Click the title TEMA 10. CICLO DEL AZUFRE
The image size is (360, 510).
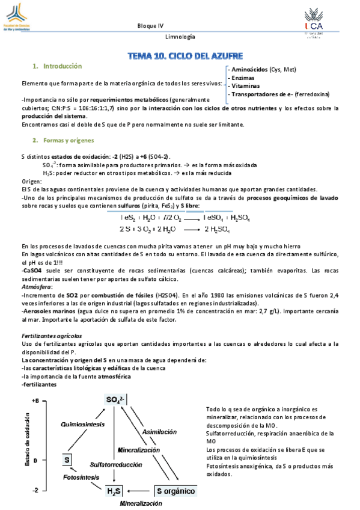[x=185, y=56]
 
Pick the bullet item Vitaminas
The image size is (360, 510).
[x=246, y=86]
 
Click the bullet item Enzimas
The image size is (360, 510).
[x=244, y=78]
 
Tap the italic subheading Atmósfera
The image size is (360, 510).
[x=35, y=287]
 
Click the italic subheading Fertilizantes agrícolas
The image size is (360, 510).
[x=48, y=335]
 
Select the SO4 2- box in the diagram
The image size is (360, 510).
[x=115, y=401]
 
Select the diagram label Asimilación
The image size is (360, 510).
[x=159, y=432]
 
